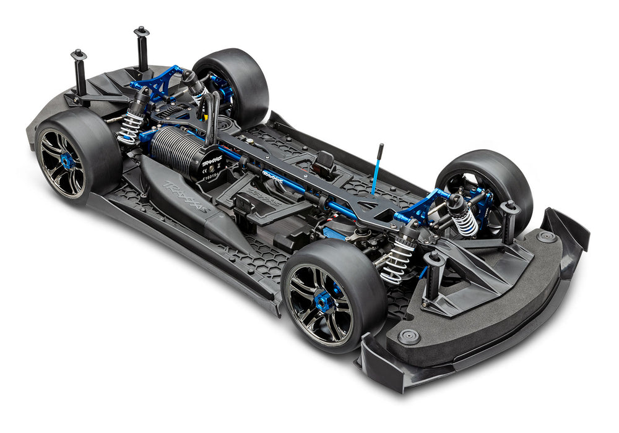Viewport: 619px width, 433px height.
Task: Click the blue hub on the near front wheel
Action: pyautogui.click(x=324, y=302)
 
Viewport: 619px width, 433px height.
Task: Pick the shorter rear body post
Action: pyautogui.click(x=79, y=73)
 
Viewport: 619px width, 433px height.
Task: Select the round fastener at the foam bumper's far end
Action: pyautogui.click(x=546, y=236)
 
